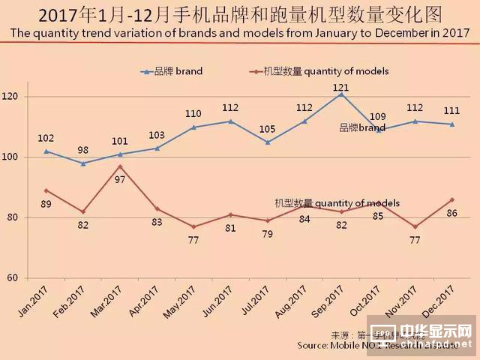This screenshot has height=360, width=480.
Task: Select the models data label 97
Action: (119, 181)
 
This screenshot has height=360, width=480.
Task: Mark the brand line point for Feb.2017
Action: (82, 163)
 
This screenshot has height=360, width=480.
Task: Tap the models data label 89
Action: (46, 204)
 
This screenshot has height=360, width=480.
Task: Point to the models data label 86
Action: (452, 213)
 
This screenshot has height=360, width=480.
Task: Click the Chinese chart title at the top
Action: (239, 14)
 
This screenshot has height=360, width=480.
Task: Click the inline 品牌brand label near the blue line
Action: (362, 127)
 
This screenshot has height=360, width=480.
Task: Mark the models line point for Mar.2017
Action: (119, 166)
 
